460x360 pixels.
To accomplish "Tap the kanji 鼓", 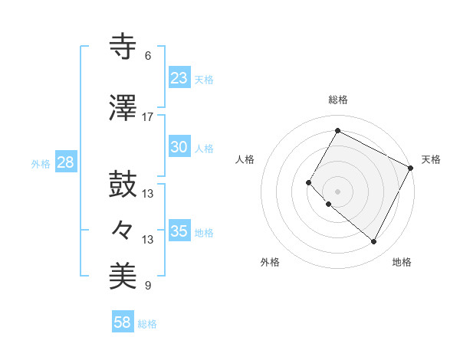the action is [123, 184].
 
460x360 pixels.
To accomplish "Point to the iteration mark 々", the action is [123, 229].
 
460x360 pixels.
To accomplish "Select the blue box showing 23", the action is [179, 77].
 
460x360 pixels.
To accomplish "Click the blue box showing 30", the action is [179, 147].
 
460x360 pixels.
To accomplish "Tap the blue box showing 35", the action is [179, 231].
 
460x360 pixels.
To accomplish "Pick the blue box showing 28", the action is [65, 162].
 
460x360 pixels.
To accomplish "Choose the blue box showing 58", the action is [123, 322].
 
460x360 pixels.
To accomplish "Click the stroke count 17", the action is [147, 117].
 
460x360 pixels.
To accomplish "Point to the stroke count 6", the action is [147, 56].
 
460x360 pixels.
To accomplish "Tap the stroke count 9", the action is [147, 286].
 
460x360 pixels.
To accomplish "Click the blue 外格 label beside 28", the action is [40, 163].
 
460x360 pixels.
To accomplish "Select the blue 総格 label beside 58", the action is [147, 324].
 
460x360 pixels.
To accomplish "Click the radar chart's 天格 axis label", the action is [431, 159].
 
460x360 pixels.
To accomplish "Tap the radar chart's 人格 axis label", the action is [245, 159].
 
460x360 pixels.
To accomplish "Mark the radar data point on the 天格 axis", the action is [411, 167].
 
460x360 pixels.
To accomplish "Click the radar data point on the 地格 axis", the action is [374, 242].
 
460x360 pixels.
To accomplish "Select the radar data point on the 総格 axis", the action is [337, 131].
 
